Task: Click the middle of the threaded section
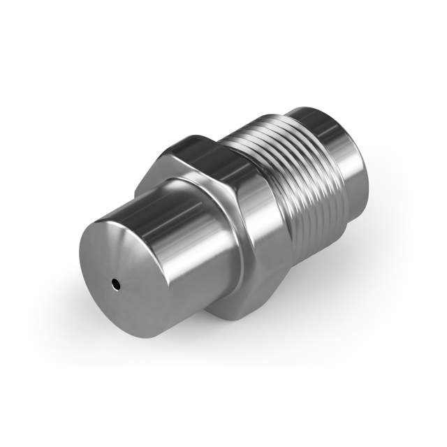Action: coord(293,189)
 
